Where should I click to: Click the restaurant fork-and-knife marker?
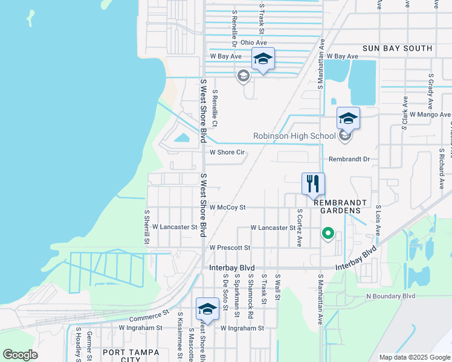pyautogui.click(x=313, y=184)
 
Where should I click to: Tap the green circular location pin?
pyautogui.click(x=328, y=232)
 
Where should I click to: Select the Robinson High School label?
pyautogui.click(x=294, y=136)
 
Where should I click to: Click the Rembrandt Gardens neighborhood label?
pyautogui.click(x=337, y=206)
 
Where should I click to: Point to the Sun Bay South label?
pyautogui.click(x=397, y=48)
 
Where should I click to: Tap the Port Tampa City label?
pyautogui.click(x=131, y=355)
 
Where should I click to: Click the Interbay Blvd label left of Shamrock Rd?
pyautogui.click(x=232, y=267)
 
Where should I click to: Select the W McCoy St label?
pyautogui.click(x=227, y=208)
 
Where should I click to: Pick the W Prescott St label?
pyautogui.click(x=230, y=248)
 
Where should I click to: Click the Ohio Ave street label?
pyautogui.click(x=253, y=43)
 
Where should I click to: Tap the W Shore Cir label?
pyautogui.click(x=227, y=153)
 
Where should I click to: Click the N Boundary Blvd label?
pyautogui.click(x=391, y=296)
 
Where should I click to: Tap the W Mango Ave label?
pyautogui.click(x=430, y=114)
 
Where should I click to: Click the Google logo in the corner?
pyautogui.click(x=20, y=355)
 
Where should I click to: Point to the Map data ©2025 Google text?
pyautogui.click(x=414, y=357)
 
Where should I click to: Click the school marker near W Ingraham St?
pyautogui.click(x=207, y=310)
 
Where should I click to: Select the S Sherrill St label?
pyautogui.click(x=146, y=227)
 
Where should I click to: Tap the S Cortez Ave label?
pyautogui.click(x=300, y=228)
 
